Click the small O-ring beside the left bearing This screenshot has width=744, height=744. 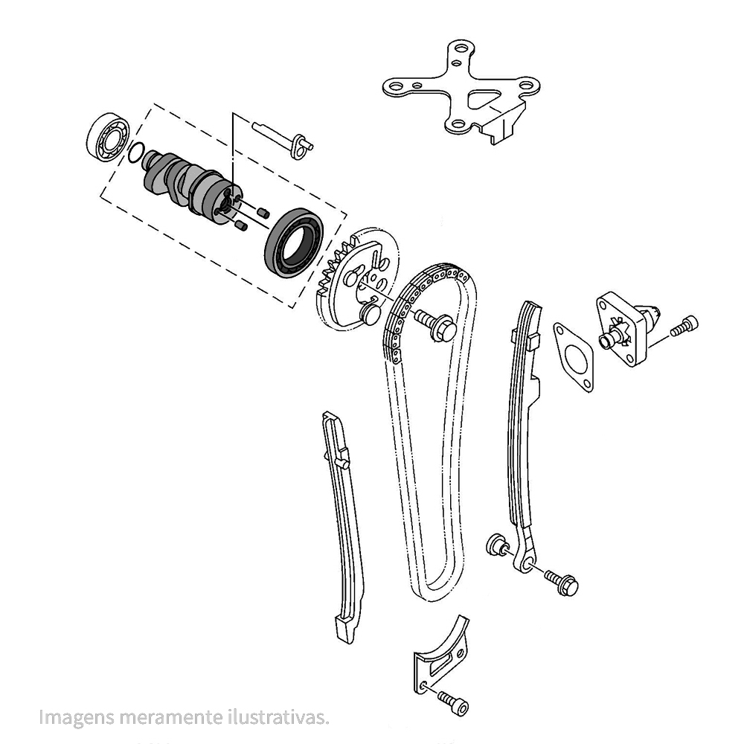coord(135,152)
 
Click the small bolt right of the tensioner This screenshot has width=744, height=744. coord(684,326)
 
